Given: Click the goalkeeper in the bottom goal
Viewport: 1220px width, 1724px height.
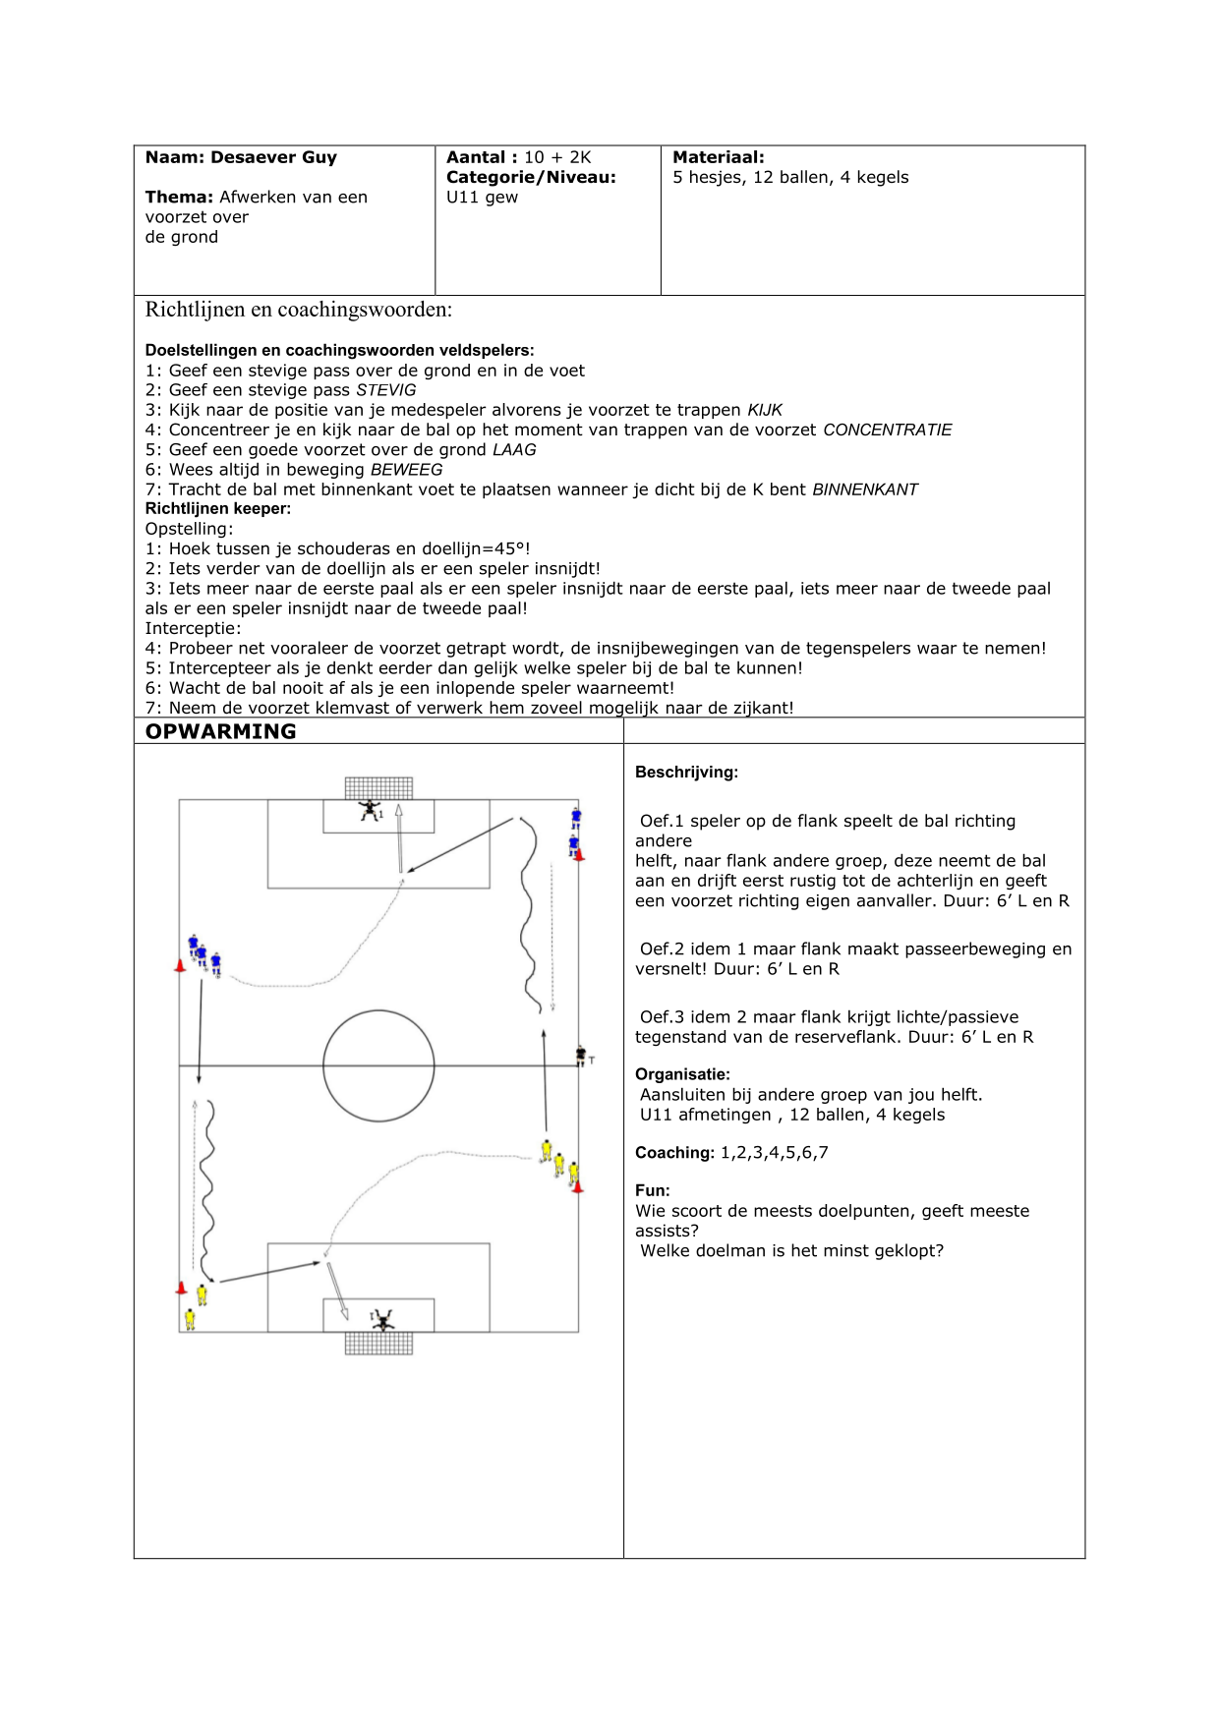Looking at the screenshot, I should [x=381, y=1319].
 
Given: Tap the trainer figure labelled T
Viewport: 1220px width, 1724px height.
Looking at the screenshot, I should [x=581, y=1056].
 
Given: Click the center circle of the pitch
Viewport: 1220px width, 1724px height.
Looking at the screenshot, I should [x=378, y=1065].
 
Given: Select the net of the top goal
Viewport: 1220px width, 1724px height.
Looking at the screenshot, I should [x=378, y=787].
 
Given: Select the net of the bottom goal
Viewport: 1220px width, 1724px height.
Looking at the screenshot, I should [x=378, y=1344].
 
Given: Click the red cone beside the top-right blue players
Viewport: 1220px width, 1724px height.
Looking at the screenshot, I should [x=579, y=855].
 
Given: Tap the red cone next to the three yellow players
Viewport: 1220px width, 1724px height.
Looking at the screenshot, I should [x=577, y=1187].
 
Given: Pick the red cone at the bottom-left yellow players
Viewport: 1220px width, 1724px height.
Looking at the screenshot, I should [x=181, y=1288].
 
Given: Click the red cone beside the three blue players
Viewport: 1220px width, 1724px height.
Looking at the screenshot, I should [x=180, y=966].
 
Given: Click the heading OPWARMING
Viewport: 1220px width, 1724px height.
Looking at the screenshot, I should [x=220, y=731].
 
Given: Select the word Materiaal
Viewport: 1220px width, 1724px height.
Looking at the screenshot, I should [x=718, y=157].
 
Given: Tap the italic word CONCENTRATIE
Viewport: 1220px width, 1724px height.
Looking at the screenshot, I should [x=887, y=430].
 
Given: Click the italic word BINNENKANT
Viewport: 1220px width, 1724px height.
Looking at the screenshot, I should [x=864, y=489].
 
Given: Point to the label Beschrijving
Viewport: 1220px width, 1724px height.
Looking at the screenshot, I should [x=686, y=773].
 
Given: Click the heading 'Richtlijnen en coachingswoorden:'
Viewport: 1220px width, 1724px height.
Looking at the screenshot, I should [x=299, y=310].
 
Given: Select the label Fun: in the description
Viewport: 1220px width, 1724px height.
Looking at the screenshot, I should [x=652, y=1190].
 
